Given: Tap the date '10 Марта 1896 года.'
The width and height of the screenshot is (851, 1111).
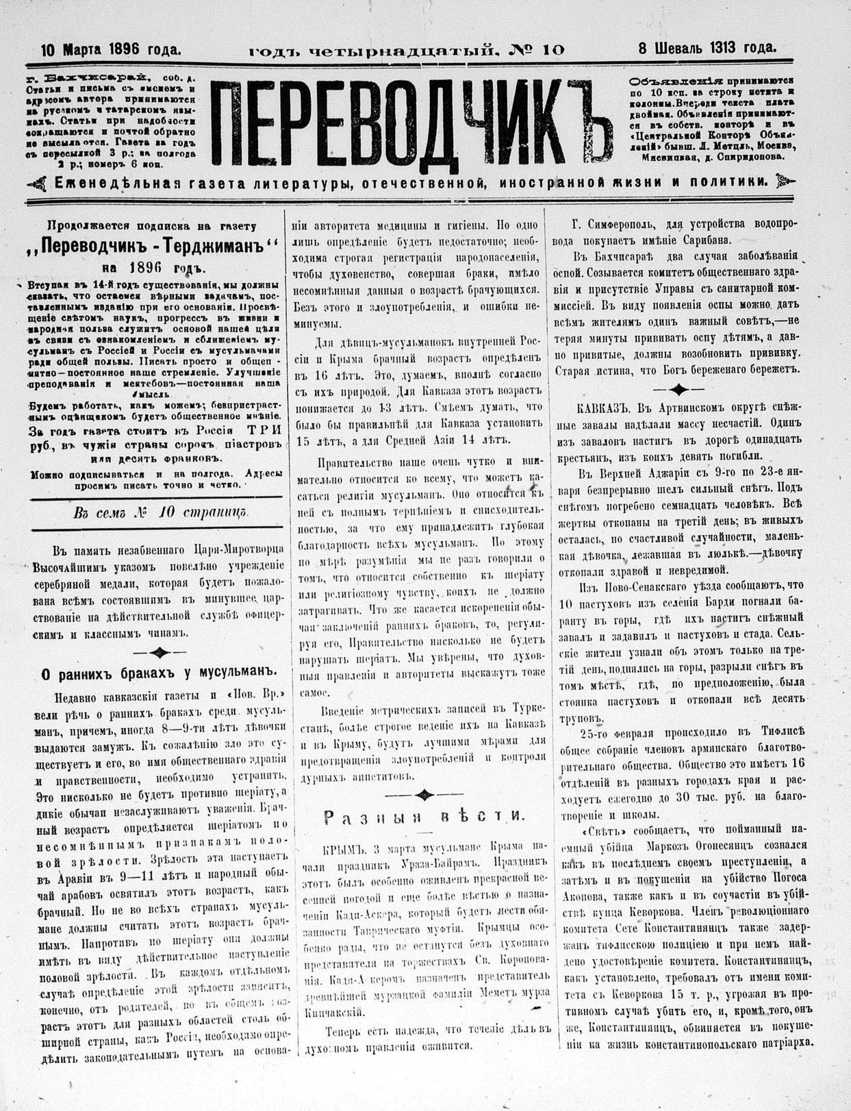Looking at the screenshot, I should (111, 49).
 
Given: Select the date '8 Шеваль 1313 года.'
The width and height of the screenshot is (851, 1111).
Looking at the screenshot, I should (707, 48).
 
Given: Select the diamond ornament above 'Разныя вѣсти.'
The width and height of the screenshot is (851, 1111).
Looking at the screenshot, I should (424, 794).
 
